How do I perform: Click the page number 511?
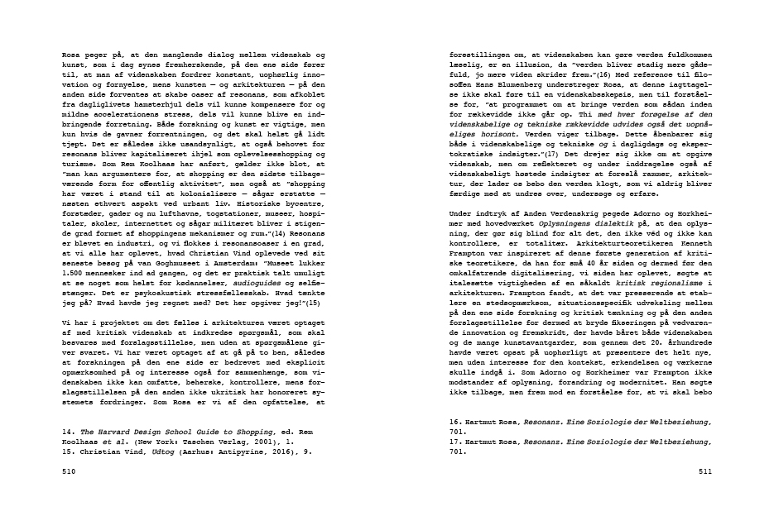pos(705,471)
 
